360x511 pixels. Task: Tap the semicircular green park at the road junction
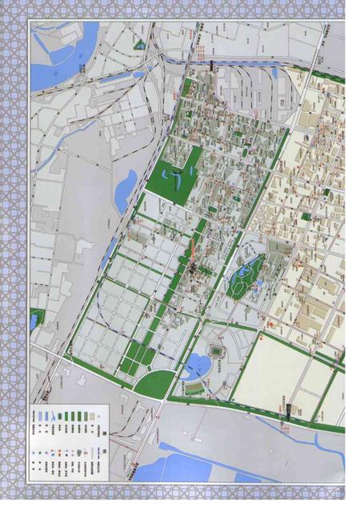pos(152,383)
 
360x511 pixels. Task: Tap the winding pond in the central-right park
pos(242,277)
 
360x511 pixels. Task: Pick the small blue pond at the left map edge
pos(33,321)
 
